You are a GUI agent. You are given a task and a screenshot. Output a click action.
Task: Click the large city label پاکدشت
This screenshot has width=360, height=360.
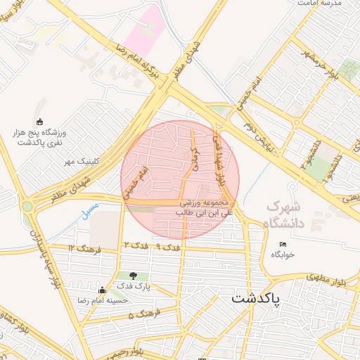(x=255, y=298)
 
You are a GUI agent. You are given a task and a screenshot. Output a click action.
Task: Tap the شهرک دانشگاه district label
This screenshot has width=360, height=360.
(x=285, y=215)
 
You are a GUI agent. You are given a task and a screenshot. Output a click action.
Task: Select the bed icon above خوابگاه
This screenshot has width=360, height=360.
(x=283, y=244)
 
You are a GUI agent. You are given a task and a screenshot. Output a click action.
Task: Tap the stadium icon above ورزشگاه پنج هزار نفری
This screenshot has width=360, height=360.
(x=39, y=121)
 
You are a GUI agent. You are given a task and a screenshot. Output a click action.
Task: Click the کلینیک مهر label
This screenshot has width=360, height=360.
(x=80, y=161)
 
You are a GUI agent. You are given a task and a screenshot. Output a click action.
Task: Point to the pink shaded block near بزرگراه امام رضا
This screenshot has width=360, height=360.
(x=146, y=30)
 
